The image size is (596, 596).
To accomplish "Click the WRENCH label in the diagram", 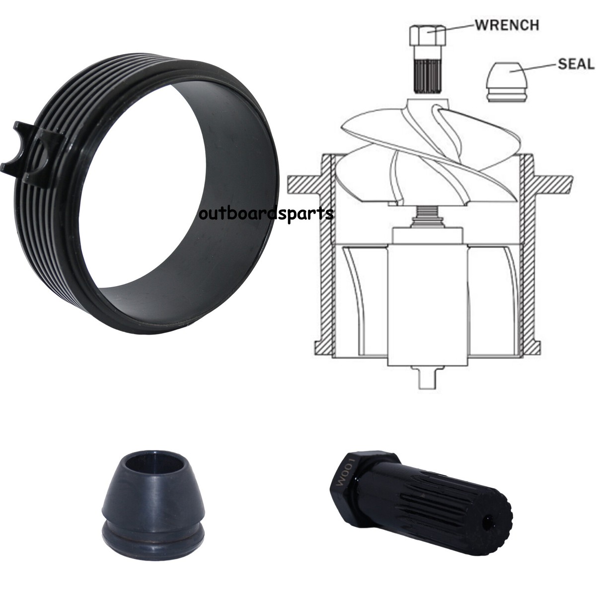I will (x=507, y=25).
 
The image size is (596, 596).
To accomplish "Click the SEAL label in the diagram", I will (x=575, y=64).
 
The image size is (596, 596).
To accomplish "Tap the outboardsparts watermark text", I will (x=266, y=214).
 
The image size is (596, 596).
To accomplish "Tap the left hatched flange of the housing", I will (x=305, y=184).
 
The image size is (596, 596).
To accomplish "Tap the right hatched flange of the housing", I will (x=551, y=184).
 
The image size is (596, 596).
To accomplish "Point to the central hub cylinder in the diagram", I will (x=427, y=303).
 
